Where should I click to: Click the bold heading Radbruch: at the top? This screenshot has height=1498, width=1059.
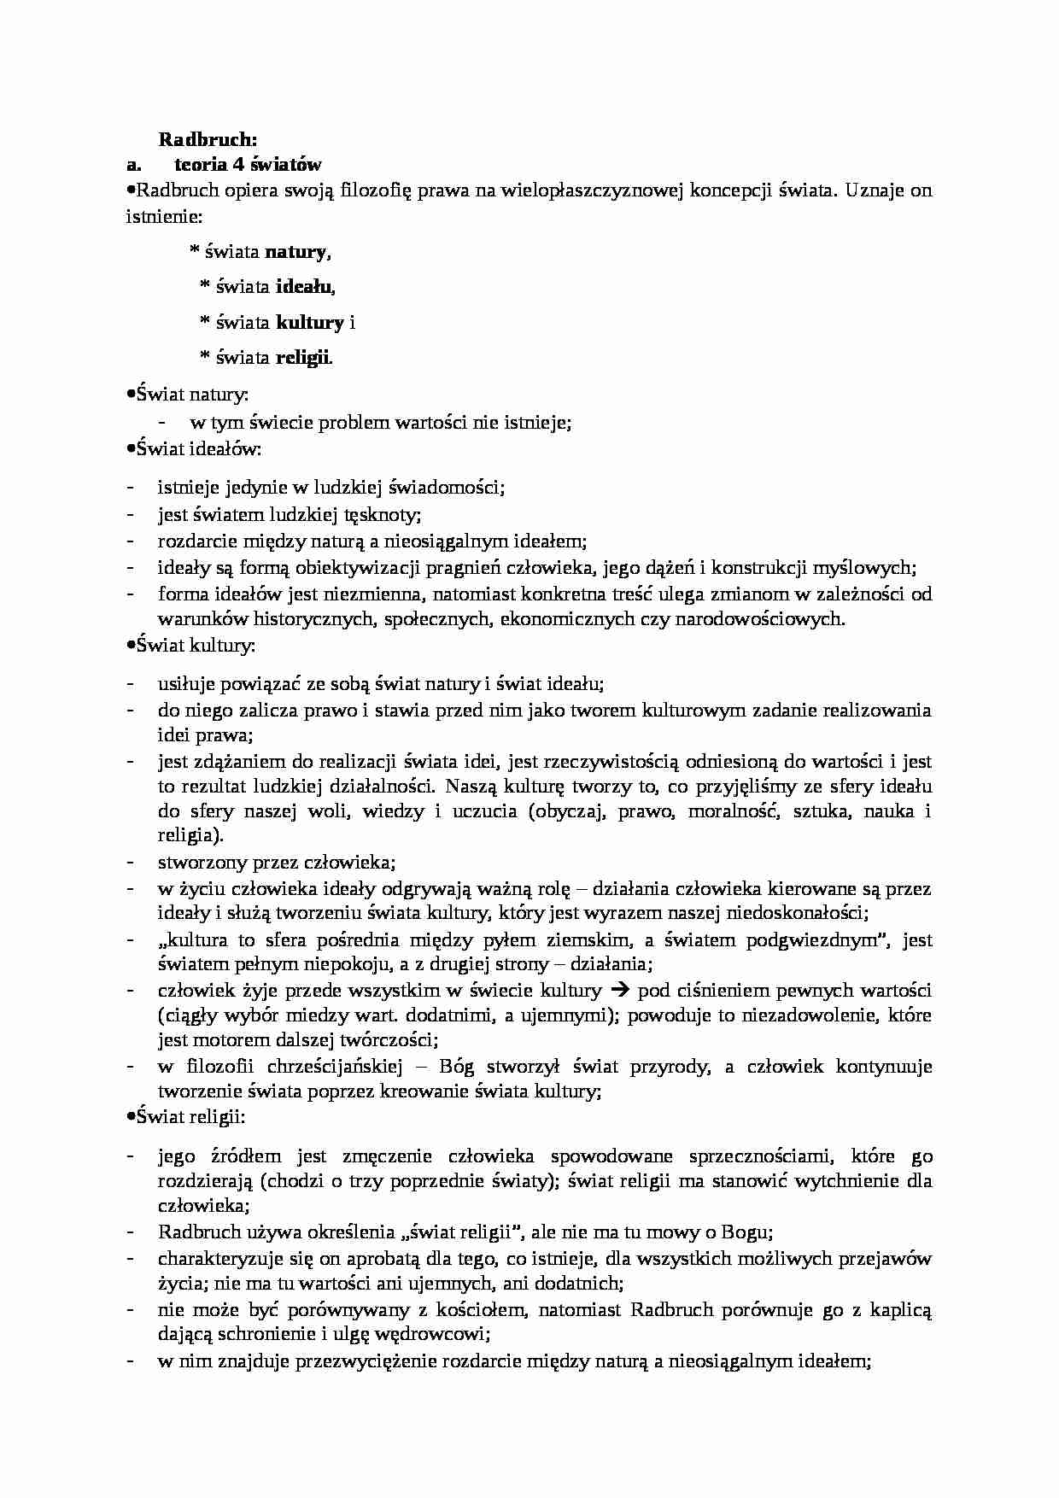point(208,139)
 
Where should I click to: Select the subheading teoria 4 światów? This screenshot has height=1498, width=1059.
point(248,165)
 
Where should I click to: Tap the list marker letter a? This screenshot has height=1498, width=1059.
point(132,165)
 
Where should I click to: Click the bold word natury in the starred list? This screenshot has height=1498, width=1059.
point(295,252)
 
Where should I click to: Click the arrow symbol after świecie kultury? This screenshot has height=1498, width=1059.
point(621,991)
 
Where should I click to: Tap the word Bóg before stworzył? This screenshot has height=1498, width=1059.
point(456,1066)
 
